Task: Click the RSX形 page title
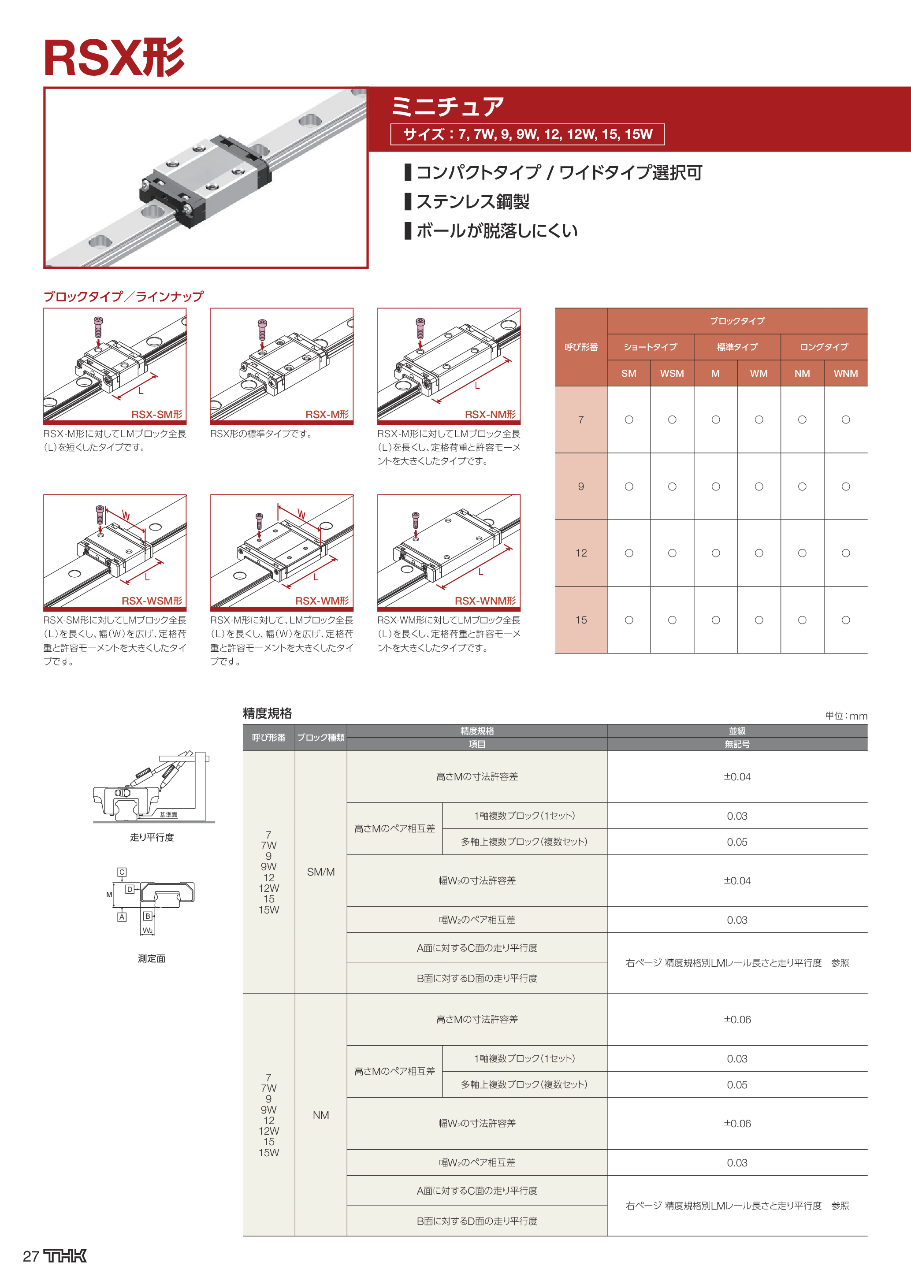(x=114, y=58)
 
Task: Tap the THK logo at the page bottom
(x=66, y=1256)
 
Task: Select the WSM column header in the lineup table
(x=672, y=374)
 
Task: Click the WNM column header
(x=845, y=374)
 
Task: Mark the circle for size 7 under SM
(x=629, y=419)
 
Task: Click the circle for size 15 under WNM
(x=845, y=620)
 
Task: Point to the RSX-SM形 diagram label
(x=156, y=415)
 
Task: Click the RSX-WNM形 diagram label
(x=485, y=601)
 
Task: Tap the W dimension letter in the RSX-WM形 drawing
(x=301, y=514)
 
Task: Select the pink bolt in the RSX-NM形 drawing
(x=420, y=329)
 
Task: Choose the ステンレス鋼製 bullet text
(x=472, y=201)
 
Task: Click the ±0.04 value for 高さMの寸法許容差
(x=736, y=777)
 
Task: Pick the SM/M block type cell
(x=320, y=872)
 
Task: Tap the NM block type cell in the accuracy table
(x=320, y=1115)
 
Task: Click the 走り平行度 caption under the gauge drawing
(x=152, y=837)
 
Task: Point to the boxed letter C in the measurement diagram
(x=122, y=872)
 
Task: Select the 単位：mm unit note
(x=845, y=716)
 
